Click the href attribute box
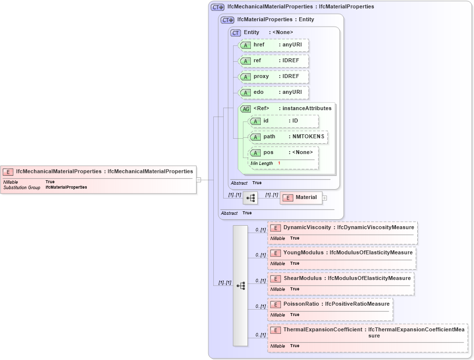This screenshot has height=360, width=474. coord(274,45)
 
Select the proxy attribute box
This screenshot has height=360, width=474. coord(274,77)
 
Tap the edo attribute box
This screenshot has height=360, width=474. coord(274,92)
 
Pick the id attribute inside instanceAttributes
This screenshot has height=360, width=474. coord(283,121)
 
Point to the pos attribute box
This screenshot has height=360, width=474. coord(283,153)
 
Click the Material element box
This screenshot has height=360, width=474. coord(301,198)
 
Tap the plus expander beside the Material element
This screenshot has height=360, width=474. coord(325,198)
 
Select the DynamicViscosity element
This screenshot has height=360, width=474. coord(343,228)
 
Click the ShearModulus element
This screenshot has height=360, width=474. coord(341,279)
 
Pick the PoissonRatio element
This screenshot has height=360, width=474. coord(330,304)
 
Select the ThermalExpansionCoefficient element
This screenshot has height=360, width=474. coord(367,332)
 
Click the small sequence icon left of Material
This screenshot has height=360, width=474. coord(250,198)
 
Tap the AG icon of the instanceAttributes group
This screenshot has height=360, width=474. coord(245,109)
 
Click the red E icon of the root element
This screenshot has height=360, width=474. coord(8,172)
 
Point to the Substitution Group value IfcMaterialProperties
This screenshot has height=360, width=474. coord(66,188)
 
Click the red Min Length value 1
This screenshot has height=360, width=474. coord(279,163)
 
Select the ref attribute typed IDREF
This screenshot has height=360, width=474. coord(274,61)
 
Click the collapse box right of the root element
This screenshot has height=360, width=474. coord(198,180)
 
